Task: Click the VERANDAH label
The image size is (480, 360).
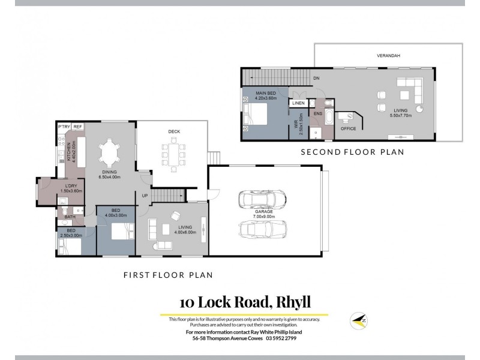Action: click(388, 56)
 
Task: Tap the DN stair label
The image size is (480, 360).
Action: click(316, 79)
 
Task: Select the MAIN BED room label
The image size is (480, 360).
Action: click(266, 93)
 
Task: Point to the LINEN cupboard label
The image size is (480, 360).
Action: click(298, 103)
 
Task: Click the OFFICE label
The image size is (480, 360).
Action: click(349, 128)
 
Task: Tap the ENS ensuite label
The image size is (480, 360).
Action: click(318, 113)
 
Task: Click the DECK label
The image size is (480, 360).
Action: click(174, 132)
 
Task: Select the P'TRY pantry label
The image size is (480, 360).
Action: click(64, 127)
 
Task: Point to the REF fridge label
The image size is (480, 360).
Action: click(78, 127)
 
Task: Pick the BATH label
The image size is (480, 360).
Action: click(70, 217)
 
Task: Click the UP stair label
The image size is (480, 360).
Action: click(145, 196)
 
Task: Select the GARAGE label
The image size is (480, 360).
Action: click(264, 211)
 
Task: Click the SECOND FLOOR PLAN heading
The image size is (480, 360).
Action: click(352, 152)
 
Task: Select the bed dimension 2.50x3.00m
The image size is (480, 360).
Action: click(71, 235)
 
